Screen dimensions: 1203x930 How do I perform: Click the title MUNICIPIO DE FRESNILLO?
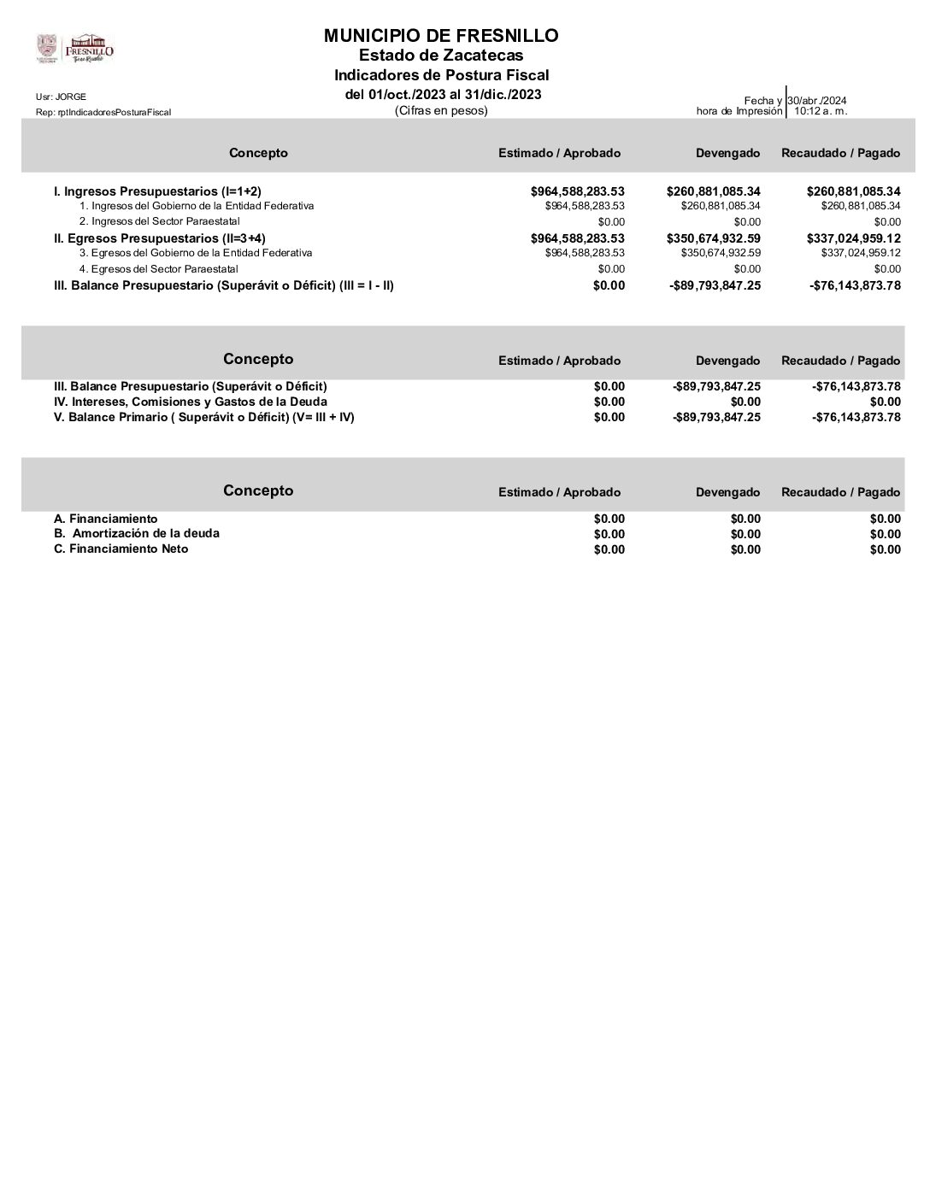tap(441, 36)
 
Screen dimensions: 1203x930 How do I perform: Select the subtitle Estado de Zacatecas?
tap(441, 56)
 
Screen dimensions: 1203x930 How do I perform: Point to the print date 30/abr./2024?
tap(817, 101)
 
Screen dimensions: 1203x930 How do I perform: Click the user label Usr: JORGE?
tap(61, 97)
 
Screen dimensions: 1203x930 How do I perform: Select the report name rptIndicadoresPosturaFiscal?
tap(103, 112)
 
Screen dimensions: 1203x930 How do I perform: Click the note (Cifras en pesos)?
tap(441, 110)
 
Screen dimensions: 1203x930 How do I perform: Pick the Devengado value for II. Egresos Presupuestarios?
tap(714, 238)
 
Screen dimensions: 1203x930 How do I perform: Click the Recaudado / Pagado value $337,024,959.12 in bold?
tap(854, 238)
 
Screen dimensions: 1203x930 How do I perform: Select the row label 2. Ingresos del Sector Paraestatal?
tap(160, 221)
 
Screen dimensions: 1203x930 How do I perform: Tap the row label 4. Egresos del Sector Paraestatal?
tap(159, 268)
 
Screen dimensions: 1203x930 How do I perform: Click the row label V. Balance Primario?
tap(203, 417)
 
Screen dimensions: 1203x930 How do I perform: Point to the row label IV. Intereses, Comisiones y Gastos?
tap(190, 402)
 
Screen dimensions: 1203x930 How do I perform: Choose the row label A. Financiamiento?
tap(105, 519)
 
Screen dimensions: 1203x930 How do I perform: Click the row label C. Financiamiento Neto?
tap(121, 549)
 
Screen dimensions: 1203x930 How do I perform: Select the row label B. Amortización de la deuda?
tap(137, 533)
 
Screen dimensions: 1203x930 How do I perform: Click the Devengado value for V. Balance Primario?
tap(716, 417)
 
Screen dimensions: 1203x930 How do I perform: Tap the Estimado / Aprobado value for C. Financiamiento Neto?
tap(609, 549)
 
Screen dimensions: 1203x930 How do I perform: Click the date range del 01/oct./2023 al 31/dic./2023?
tap(443, 94)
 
